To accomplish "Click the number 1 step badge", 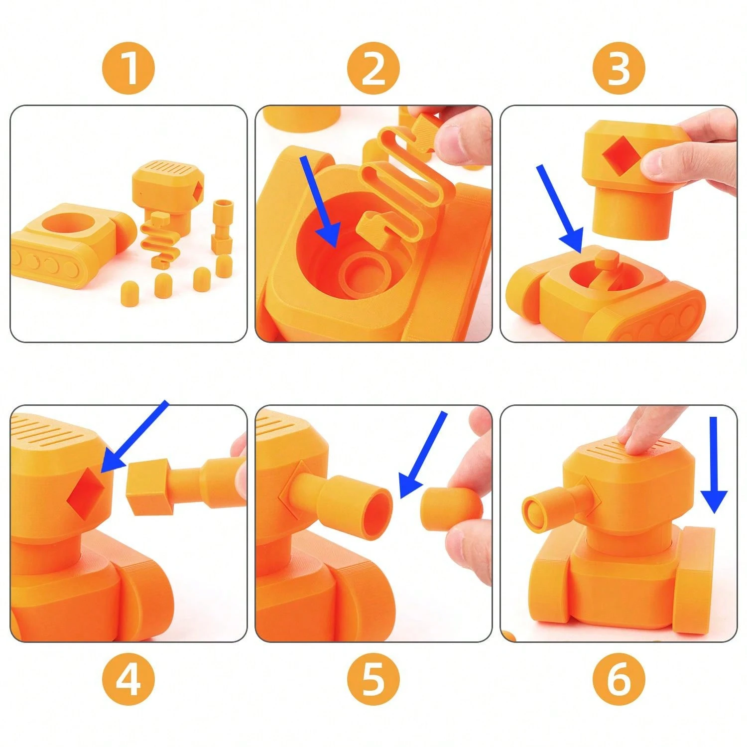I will pos(128,68).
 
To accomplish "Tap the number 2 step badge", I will pos(373,68).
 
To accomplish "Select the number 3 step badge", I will pos(619,68).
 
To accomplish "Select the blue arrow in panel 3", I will pos(560,209).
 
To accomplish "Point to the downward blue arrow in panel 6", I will pos(714,463).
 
